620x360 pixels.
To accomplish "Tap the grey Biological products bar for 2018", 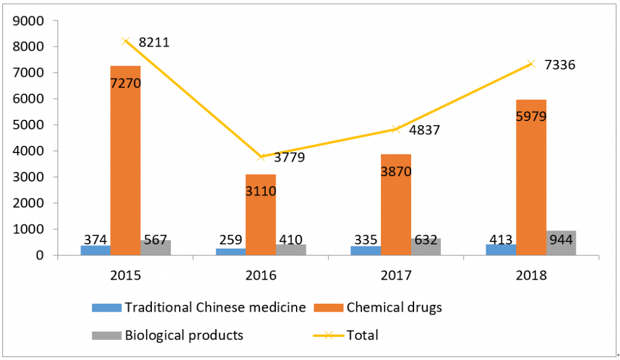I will click(x=561, y=243).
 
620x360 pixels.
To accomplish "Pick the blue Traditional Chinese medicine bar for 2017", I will click(x=365, y=250).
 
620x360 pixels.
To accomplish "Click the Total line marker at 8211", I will click(x=125, y=41).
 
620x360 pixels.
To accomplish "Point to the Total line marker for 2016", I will click(x=260, y=157).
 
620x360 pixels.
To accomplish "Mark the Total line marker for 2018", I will click(x=531, y=64).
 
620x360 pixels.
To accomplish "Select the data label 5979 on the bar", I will click(x=531, y=116).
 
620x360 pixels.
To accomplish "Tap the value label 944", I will click(x=560, y=240).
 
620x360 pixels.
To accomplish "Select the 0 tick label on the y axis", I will click(x=39, y=255).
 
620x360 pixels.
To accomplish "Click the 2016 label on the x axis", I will click(x=261, y=275).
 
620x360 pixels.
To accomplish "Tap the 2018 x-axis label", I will click(x=532, y=275).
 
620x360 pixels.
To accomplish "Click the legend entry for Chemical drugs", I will click(x=394, y=307).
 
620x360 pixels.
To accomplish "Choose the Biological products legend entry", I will click(x=184, y=335).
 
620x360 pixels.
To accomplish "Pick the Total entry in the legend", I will click(x=361, y=335).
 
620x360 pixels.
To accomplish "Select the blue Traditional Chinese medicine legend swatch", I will click(x=106, y=307).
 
